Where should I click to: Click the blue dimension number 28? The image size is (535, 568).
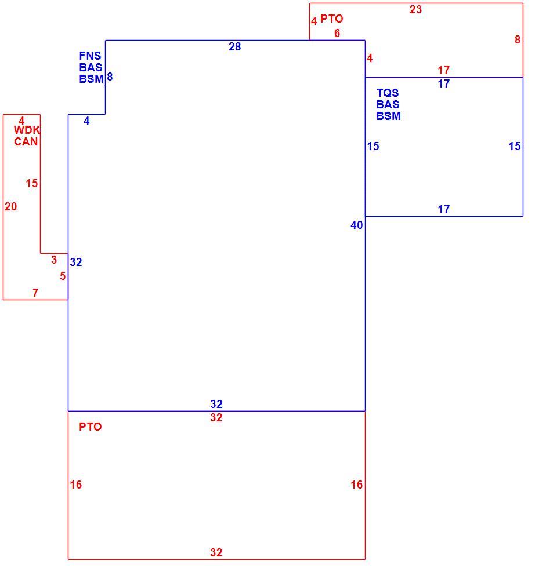point(234,47)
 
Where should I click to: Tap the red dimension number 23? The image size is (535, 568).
point(415,10)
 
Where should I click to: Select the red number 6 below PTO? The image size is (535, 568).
point(337,34)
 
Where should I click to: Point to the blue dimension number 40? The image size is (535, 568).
point(356,225)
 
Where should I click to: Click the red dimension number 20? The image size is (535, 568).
point(11,206)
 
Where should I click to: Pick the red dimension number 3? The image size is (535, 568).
point(54,260)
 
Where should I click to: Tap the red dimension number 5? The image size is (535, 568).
point(63,276)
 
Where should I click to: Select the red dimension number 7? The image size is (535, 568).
point(35,293)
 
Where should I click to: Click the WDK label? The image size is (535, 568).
point(27,130)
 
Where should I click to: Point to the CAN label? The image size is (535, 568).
point(26,141)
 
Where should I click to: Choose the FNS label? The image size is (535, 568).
point(91,56)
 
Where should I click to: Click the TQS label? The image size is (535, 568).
point(388,93)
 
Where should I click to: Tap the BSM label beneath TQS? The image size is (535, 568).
point(388,116)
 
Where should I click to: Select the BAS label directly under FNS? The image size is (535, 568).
point(91,67)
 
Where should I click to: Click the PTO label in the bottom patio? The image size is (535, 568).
point(91,427)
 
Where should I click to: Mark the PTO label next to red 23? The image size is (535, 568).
point(331,19)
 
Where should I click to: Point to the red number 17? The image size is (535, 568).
point(443,70)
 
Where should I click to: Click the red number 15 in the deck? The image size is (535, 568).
point(32,183)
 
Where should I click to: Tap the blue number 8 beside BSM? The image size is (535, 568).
point(110,77)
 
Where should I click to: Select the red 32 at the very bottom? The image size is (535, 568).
point(216,552)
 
